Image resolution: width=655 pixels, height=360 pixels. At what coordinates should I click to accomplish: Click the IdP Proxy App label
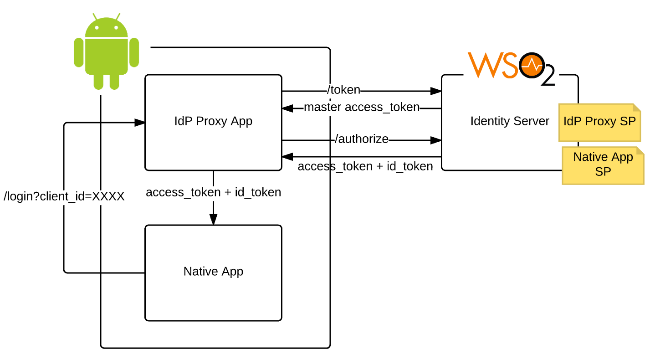coord(213,121)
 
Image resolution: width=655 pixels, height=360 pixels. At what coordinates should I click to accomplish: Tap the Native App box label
coord(213,272)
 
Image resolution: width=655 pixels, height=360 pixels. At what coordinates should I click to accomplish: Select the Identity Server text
coord(509,121)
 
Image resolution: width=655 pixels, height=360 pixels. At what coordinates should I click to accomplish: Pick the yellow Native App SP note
coord(603,165)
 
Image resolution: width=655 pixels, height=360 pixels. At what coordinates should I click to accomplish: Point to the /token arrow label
coord(344,90)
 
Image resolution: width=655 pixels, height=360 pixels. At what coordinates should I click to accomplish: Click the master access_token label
coord(361,107)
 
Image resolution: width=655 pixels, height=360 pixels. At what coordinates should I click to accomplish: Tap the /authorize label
coord(362,139)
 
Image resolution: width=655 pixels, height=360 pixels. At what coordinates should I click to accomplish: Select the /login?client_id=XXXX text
coord(64,197)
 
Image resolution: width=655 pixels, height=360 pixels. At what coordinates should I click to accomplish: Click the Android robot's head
coord(106,28)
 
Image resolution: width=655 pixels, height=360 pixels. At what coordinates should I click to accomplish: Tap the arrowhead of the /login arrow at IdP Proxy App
coord(140,123)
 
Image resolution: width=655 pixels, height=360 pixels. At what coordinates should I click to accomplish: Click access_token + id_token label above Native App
coord(213,192)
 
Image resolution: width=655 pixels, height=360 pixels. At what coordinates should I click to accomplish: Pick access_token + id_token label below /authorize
coord(365,166)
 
